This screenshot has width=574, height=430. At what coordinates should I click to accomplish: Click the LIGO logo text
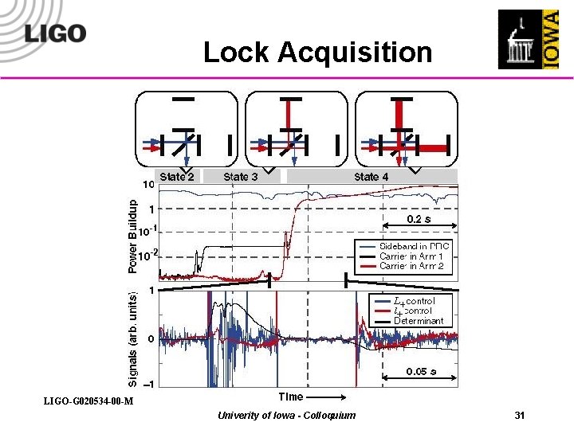point(55,34)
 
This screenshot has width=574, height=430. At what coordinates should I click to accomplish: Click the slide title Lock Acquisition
point(317,53)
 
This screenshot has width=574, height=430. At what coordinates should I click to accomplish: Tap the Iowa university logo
point(529,39)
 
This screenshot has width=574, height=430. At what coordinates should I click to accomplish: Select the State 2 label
point(177,177)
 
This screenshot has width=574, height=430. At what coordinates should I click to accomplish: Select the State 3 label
point(240,177)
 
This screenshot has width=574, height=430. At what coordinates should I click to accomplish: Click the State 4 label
point(372,177)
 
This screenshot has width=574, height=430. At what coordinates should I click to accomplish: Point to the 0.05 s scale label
point(421,371)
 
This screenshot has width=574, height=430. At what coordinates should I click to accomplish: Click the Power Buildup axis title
point(133,236)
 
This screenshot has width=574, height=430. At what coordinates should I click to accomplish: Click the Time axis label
point(290,397)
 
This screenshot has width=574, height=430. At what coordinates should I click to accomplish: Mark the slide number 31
point(520,416)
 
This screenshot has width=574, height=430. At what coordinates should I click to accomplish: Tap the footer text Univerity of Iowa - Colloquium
point(287,416)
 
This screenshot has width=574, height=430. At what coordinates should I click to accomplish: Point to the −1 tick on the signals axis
point(150,383)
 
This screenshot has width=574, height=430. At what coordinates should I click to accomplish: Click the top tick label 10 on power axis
point(148,185)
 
